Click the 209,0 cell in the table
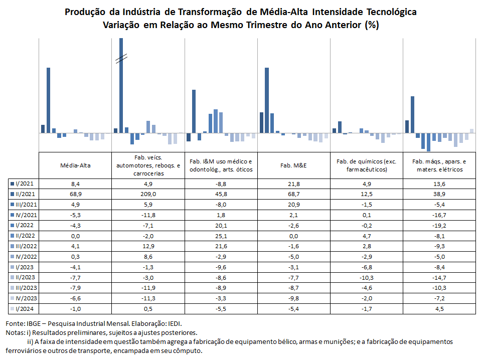148,194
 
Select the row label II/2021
25,194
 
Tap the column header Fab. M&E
293,165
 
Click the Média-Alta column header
75,165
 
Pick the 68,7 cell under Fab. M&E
293,194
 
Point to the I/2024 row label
24,309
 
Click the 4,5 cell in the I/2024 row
439,309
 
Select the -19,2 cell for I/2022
439,226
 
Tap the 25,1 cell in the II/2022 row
221,236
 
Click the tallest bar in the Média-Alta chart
48,100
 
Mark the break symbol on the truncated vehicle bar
121,58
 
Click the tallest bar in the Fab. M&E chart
266,100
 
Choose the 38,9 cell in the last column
439,194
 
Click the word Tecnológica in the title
391,12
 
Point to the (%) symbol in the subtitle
372,25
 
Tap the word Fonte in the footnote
15,323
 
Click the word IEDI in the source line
175,323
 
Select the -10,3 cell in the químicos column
367,278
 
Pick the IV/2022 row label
26,257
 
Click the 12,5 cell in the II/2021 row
367,194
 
